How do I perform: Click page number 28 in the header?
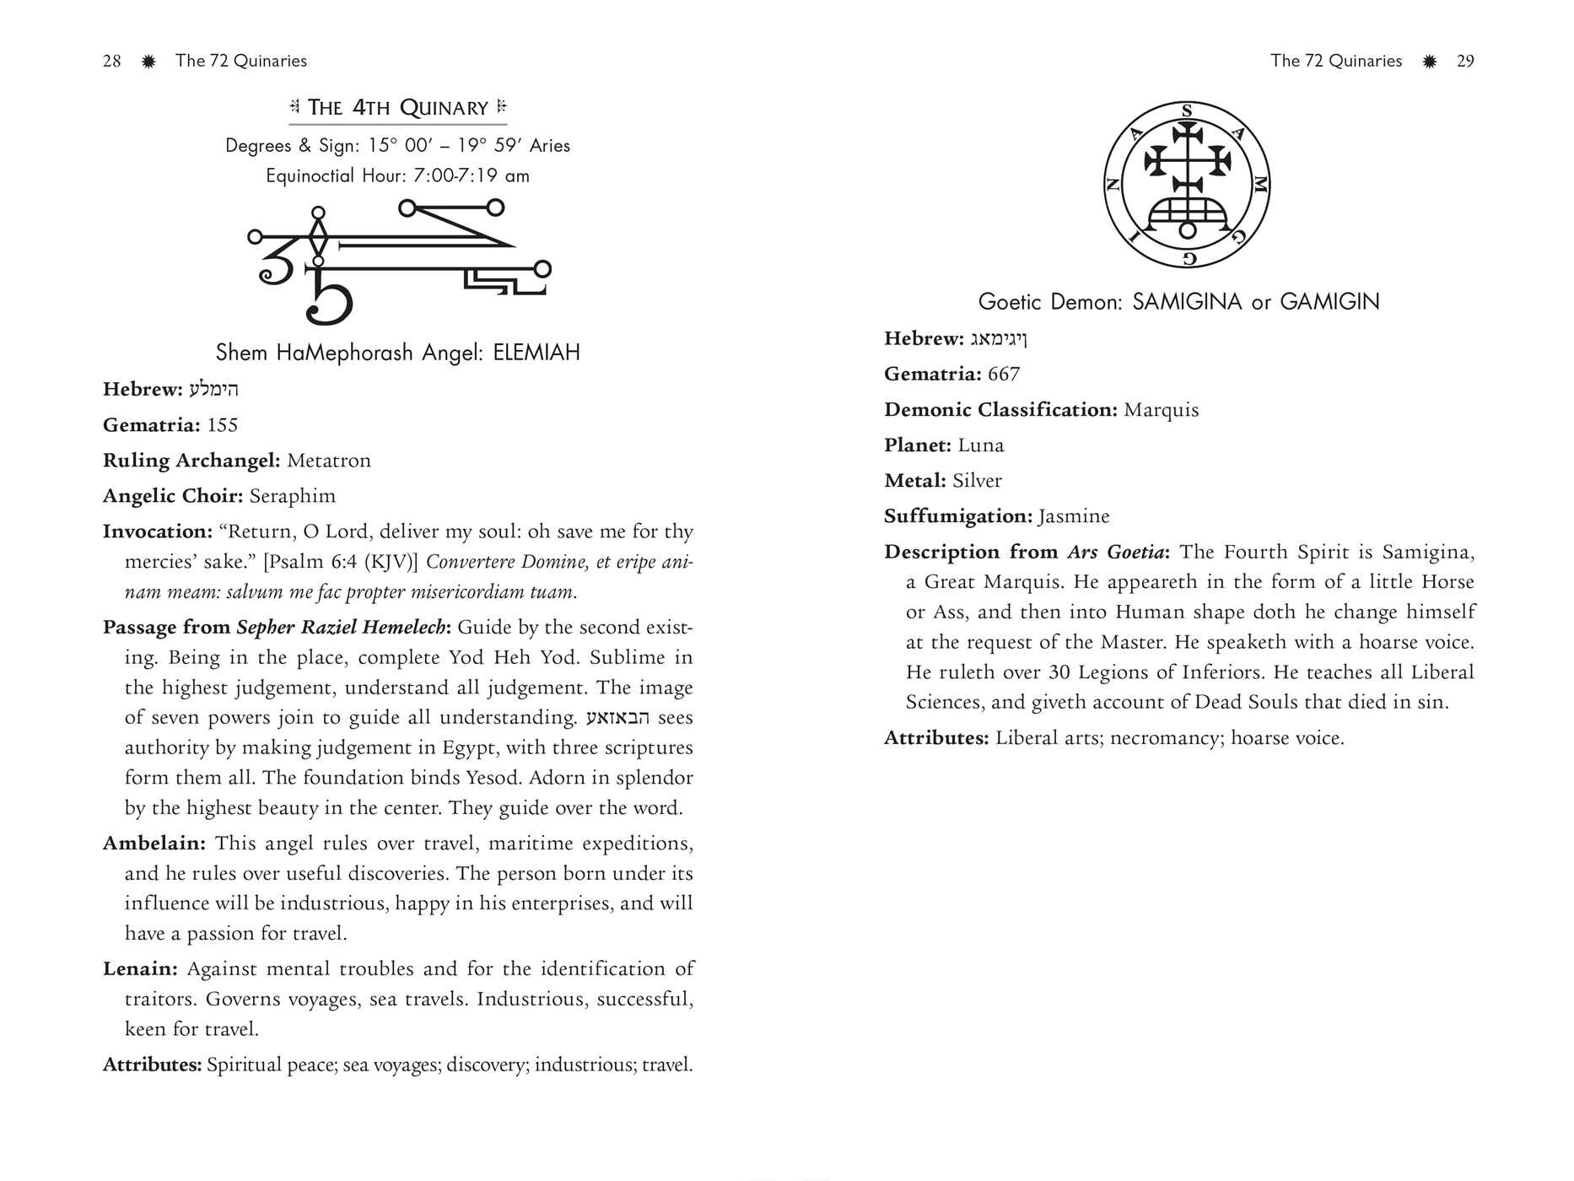[x=111, y=61]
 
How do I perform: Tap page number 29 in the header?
[x=1465, y=61]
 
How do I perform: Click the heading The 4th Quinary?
[x=397, y=108]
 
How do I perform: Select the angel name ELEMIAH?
[x=536, y=353]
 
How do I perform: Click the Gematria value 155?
[x=223, y=425]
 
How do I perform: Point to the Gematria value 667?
[x=1004, y=375]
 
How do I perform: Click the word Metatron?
[x=328, y=461]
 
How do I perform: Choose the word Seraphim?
[x=293, y=496]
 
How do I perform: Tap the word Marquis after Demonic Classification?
[x=1162, y=410]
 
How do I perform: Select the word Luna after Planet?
[x=981, y=445]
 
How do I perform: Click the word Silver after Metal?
[x=977, y=481]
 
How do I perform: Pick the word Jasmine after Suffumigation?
[x=1074, y=516]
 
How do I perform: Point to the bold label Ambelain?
[x=154, y=844]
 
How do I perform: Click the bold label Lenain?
[x=140, y=969]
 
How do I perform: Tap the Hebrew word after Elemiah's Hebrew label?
[x=213, y=390]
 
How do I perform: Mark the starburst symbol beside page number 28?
[x=148, y=61]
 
